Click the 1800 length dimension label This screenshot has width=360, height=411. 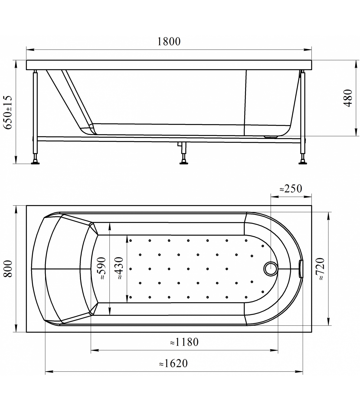pyautogui.click(x=169, y=41)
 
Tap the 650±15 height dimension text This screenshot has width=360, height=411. pyautogui.click(x=8, y=112)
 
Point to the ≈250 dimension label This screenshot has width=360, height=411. pyautogui.click(x=291, y=189)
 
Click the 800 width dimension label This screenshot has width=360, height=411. pyautogui.click(x=8, y=269)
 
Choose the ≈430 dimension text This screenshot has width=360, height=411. pyautogui.click(x=120, y=268)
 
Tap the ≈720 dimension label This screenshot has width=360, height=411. pyautogui.click(x=321, y=269)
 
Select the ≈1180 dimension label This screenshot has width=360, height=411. pyautogui.click(x=184, y=342)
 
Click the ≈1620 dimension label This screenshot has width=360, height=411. pyautogui.click(x=173, y=363)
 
